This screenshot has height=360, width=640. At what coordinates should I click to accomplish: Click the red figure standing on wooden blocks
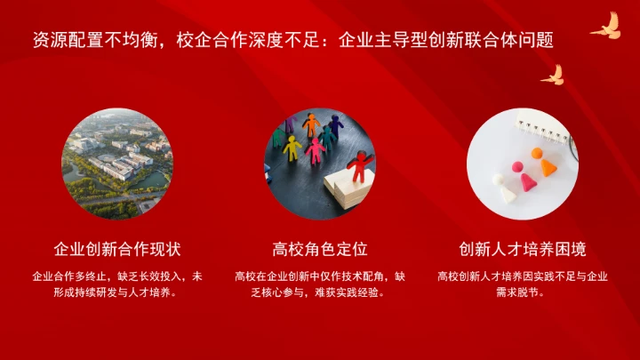358,167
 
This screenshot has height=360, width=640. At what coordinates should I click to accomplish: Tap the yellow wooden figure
292,148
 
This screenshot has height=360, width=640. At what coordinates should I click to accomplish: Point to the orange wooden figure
309,124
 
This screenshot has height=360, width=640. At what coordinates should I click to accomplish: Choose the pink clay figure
526,180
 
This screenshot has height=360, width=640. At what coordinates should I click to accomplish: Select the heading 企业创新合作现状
117,248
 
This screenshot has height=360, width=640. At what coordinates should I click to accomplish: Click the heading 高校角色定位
320,248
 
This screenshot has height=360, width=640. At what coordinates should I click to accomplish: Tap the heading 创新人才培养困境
523,248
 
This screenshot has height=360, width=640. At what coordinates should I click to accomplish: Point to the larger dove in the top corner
604,26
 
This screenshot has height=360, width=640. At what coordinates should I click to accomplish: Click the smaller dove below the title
553,75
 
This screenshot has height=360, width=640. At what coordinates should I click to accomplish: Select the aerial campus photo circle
117,164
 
